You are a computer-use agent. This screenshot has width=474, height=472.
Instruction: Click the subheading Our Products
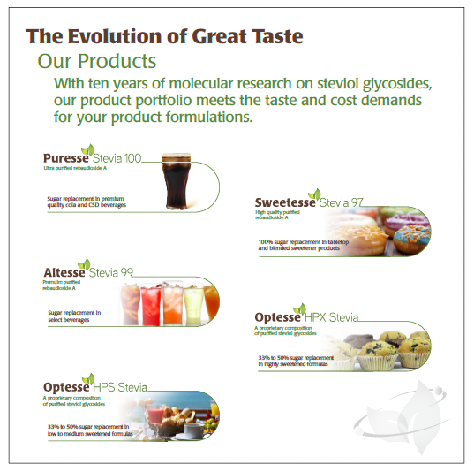point(97,62)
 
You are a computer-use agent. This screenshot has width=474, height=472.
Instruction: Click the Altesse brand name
point(64,272)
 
